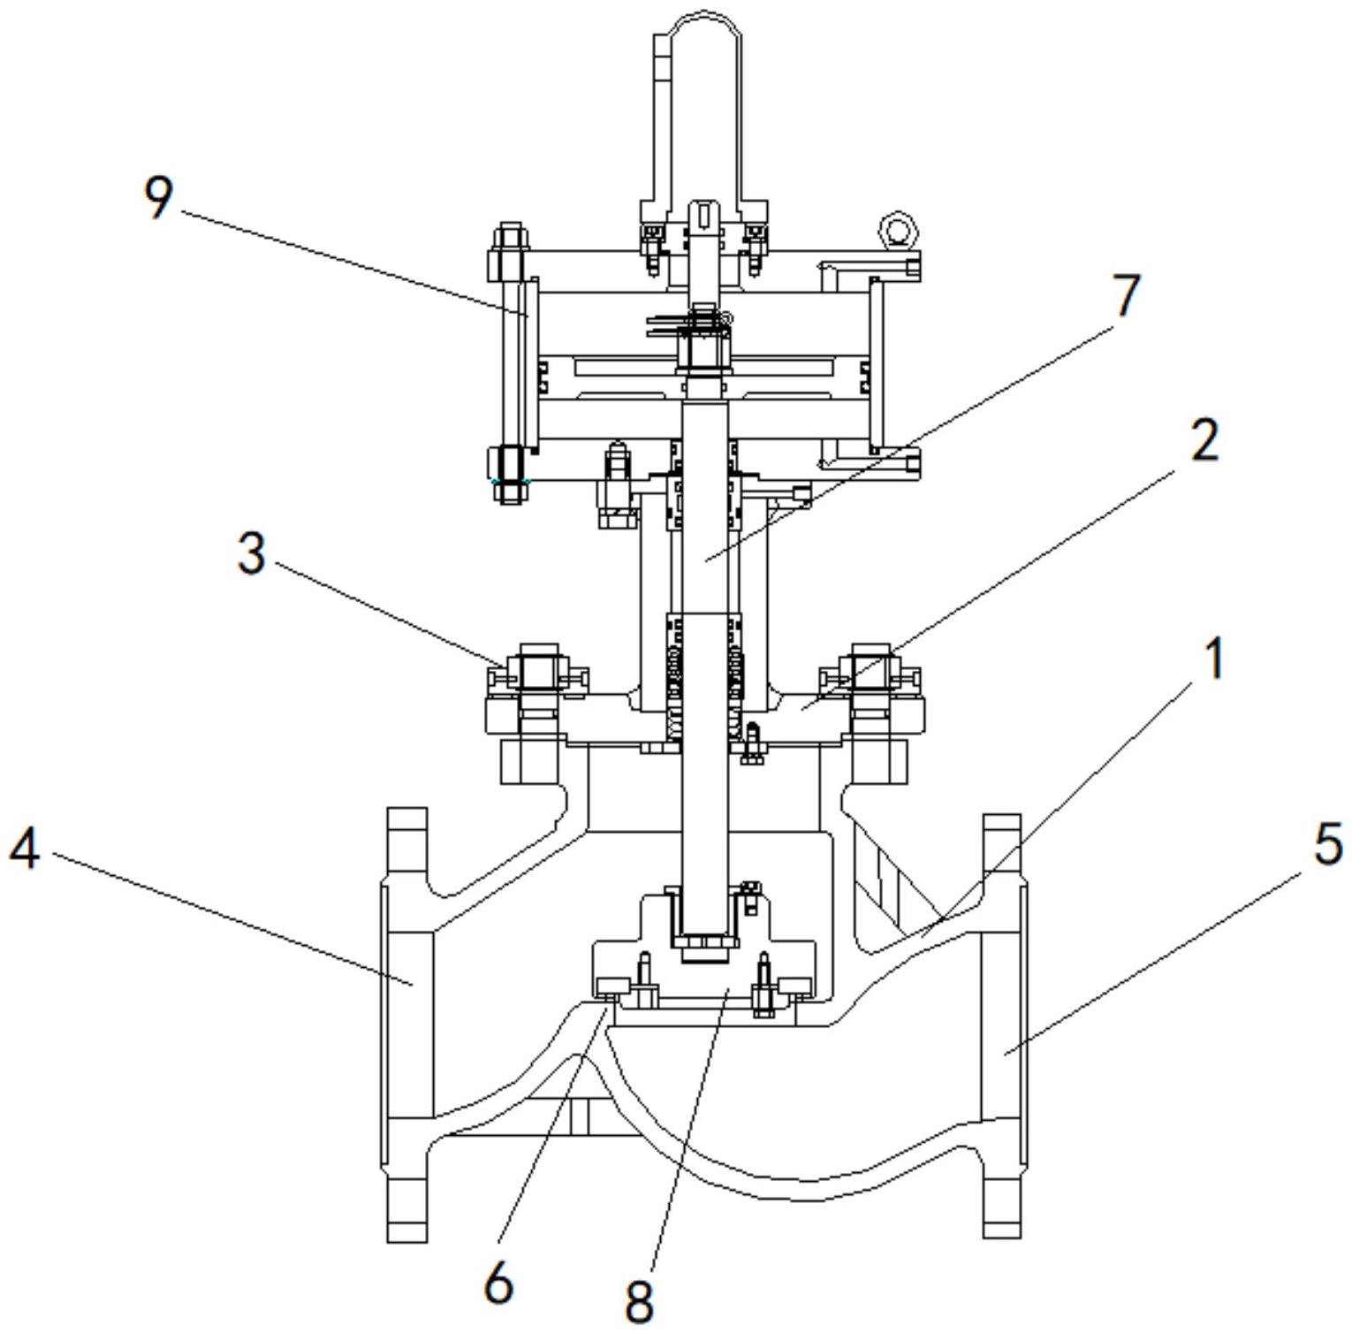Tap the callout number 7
(x=1125, y=295)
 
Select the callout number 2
(x=1204, y=439)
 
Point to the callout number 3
(x=252, y=554)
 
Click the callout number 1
(x=1217, y=659)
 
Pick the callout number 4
(x=24, y=850)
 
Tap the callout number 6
(x=499, y=1283)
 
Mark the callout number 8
(x=638, y=1300)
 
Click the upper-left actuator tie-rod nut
(x=508, y=253)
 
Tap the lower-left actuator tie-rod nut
(x=508, y=473)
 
